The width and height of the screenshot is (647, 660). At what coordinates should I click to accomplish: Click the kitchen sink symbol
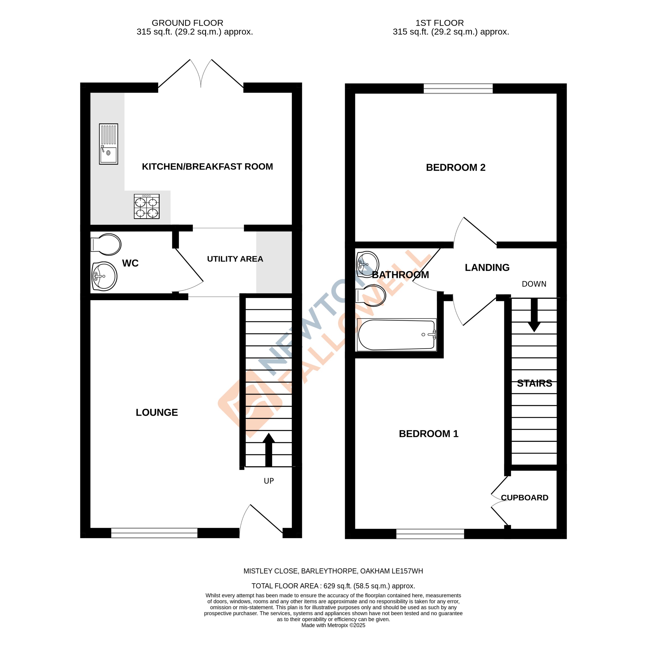click(x=108, y=144)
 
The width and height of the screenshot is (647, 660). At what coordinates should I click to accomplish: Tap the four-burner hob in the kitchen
click(x=147, y=206)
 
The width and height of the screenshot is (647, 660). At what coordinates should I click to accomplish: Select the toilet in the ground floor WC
click(x=106, y=244)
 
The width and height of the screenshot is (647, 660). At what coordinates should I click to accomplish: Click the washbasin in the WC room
click(x=104, y=276)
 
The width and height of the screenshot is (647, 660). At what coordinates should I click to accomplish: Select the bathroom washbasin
click(x=367, y=264)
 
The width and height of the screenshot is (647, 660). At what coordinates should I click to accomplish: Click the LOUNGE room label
click(x=157, y=412)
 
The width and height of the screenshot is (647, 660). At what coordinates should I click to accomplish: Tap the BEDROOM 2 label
click(x=455, y=167)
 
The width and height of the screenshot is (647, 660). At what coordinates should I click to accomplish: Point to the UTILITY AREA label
click(x=235, y=259)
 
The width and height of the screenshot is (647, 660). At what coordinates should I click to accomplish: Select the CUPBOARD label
click(x=524, y=497)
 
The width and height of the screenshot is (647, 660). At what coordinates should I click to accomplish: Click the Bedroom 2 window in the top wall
click(x=458, y=88)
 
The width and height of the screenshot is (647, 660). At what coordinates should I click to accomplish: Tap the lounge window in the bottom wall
click(x=154, y=533)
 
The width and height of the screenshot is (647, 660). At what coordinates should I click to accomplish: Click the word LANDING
click(x=487, y=267)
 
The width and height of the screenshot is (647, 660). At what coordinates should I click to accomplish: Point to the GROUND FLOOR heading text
click(x=187, y=23)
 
